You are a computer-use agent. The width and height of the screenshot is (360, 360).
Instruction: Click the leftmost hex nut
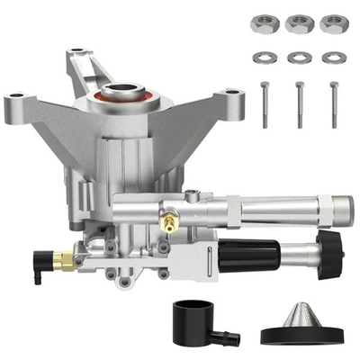[x=267, y=24]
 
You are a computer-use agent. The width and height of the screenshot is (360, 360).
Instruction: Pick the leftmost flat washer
[x=267, y=57]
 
